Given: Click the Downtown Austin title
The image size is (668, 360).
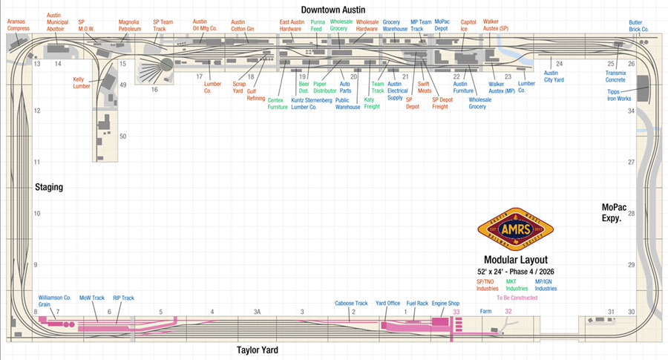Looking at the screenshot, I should click(332, 8).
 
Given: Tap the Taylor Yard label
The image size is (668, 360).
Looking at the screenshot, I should click(262, 349).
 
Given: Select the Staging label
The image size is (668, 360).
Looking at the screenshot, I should click(48, 187).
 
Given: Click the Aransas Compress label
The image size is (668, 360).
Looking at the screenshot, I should click(17, 26).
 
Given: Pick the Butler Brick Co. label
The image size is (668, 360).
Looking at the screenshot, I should click(638, 26).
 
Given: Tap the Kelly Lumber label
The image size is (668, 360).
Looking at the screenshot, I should click(83, 82).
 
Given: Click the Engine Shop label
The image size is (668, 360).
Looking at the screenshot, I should click(446, 303).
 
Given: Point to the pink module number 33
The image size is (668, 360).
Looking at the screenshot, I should click(456, 312).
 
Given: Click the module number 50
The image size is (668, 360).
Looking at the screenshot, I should click(122, 137).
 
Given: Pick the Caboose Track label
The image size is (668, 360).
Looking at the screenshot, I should click(351, 303).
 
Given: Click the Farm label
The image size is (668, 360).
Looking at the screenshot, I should click(486, 312).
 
